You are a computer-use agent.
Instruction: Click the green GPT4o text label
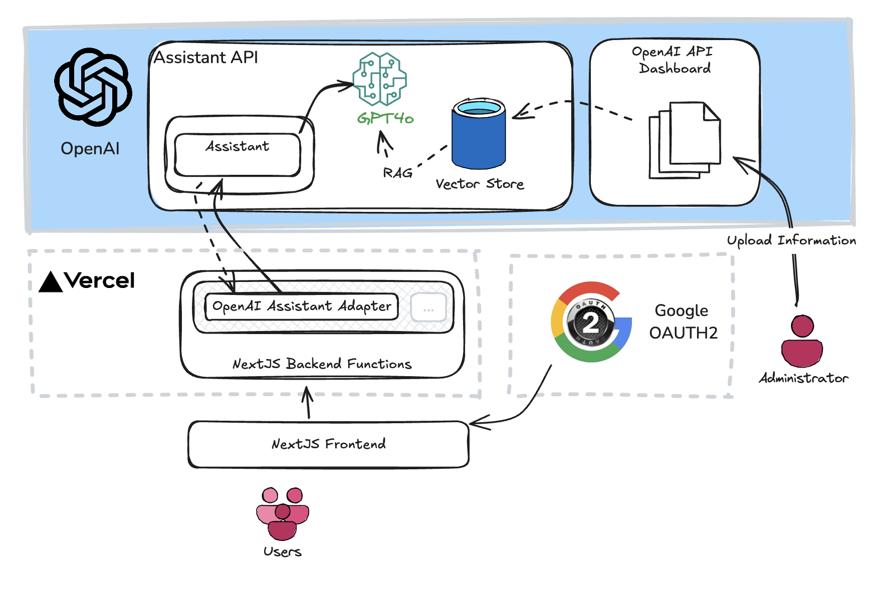point(385,118)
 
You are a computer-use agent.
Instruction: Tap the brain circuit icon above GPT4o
point(379,79)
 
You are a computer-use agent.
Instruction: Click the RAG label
point(397,173)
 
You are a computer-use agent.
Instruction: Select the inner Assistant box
point(238,154)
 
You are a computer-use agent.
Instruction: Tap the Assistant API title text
point(205,58)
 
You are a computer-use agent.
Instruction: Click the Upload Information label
point(791,240)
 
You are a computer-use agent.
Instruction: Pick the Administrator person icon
point(802,341)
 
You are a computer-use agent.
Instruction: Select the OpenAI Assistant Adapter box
point(302,307)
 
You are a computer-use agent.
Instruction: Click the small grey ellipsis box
point(428,308)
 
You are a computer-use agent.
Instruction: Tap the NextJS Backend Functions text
point(322,364)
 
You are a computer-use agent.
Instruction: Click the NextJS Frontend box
point(328,444)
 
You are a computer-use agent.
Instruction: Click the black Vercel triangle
point(51,282)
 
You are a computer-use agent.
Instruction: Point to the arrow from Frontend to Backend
point(308,403)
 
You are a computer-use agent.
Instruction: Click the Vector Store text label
point(480,184)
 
